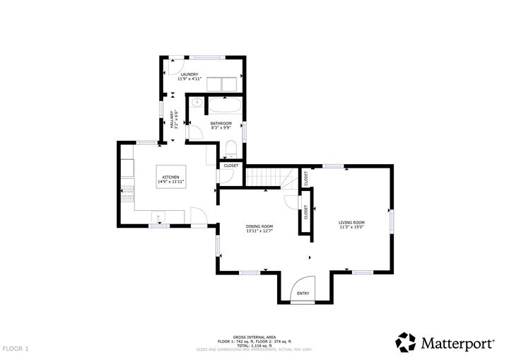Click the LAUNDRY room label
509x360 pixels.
[189, 74]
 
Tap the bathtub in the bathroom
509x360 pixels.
[224, 107]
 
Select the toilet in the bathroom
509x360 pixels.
[231, 148]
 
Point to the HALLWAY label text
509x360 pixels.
[172, 119]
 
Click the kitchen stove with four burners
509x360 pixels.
[127, 194]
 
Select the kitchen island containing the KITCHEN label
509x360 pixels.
[171, 180]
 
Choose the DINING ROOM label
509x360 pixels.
[259, 226]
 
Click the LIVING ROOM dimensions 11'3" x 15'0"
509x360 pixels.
[351, 228]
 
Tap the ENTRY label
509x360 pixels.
[303, 293]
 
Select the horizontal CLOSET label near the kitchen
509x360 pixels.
[231, 166]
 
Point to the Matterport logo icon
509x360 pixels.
[406, 342]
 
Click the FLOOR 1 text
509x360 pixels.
[16, 349]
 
